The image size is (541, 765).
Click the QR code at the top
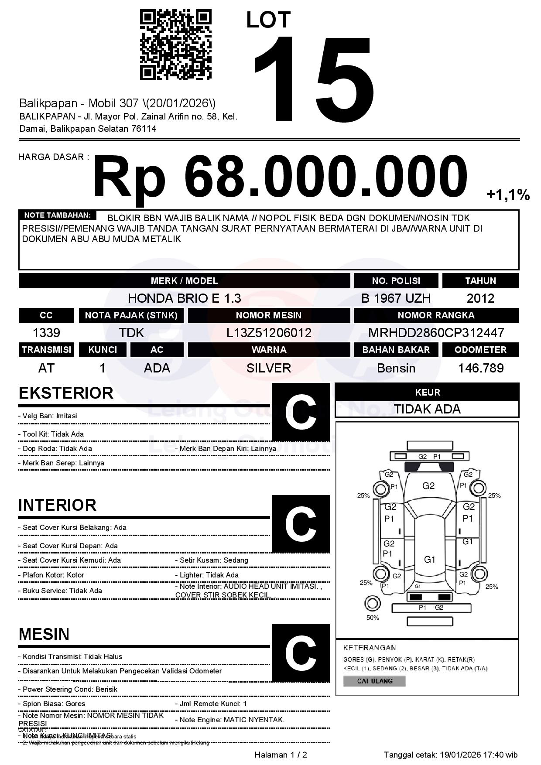click(175, 45)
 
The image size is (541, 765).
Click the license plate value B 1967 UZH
click(396, 298)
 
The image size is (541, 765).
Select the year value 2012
click(480, 298)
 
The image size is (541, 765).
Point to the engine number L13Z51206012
click(269, 333)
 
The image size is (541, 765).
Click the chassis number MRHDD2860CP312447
click(436, 333)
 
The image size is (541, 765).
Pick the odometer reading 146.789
click(480, 368)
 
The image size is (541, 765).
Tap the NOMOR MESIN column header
click(269, 315)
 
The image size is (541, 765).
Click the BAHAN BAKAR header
click(396, 350)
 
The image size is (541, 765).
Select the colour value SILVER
click(269, 368)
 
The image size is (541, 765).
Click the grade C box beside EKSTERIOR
click(301, 412)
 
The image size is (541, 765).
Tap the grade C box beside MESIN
click(301, 653)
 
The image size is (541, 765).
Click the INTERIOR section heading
click(57, 505)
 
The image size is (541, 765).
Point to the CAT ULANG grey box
click(374, 681)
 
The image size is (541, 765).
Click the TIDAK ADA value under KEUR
click(427, 409)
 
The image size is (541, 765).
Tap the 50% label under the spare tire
click(373, 618)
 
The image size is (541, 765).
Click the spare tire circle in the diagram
click(372, 604)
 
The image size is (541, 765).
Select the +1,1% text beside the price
click(508, 195)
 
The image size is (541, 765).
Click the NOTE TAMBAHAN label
click(57, 215)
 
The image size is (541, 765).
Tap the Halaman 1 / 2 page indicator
click(281, 755)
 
